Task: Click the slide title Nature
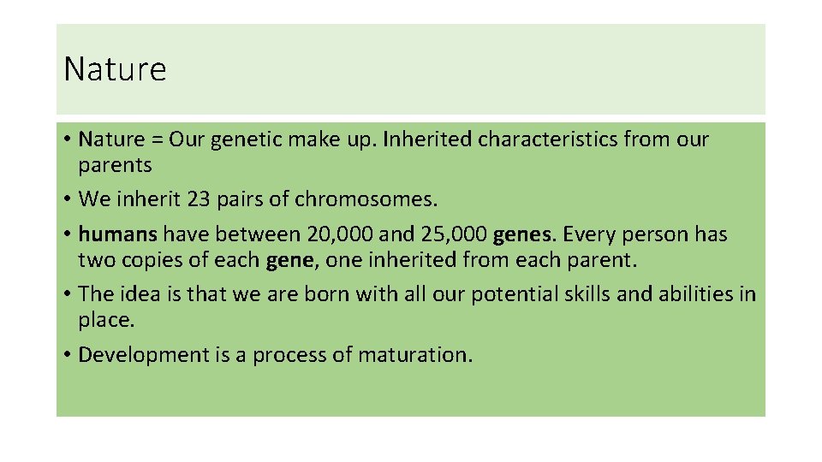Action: (115, 69)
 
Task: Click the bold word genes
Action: (524, 234)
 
